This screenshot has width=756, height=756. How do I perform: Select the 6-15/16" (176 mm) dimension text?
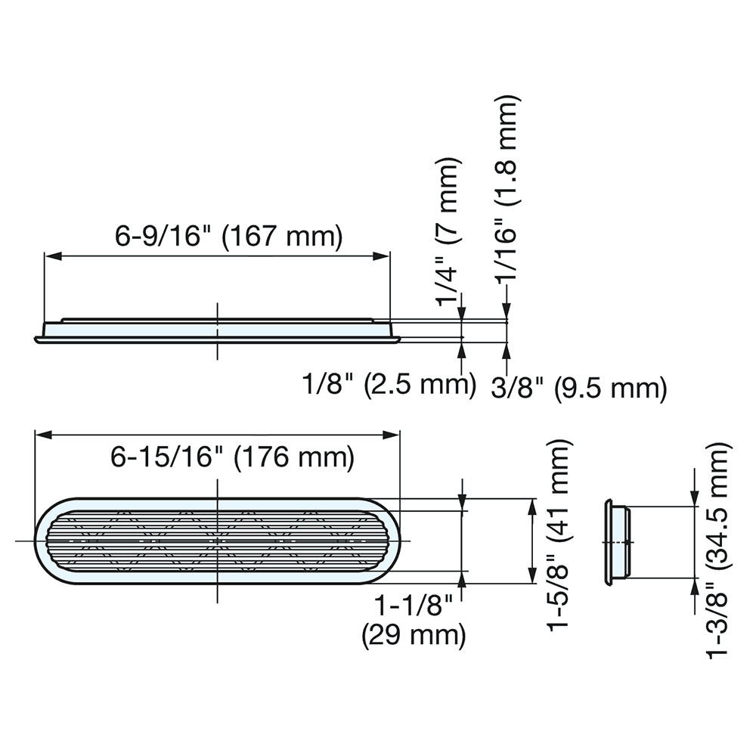click(x=233, y=457)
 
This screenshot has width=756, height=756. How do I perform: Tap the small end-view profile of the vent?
click(x=617, y=541)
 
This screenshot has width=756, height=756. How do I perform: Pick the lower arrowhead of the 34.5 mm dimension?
click(x=694, y=587)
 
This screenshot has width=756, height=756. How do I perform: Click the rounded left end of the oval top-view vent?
click(x=44, y=541)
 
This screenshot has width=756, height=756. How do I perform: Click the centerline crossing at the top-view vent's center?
click(x=218, y=541)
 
